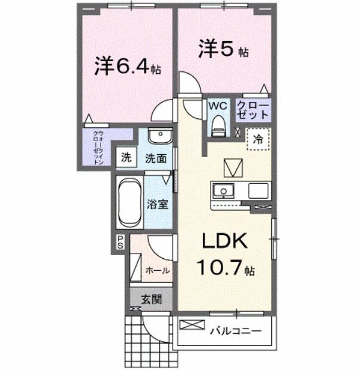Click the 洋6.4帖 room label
pos(127,66)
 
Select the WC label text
pos(217,105)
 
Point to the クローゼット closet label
pos(253,109)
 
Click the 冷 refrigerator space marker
pos(258,140)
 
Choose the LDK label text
pos(226,242)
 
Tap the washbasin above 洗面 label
pos(159,137)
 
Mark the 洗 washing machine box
pos(126,158)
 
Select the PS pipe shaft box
pos(120,242)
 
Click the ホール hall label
pos(158,270)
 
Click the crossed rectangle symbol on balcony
pos(192,325)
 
